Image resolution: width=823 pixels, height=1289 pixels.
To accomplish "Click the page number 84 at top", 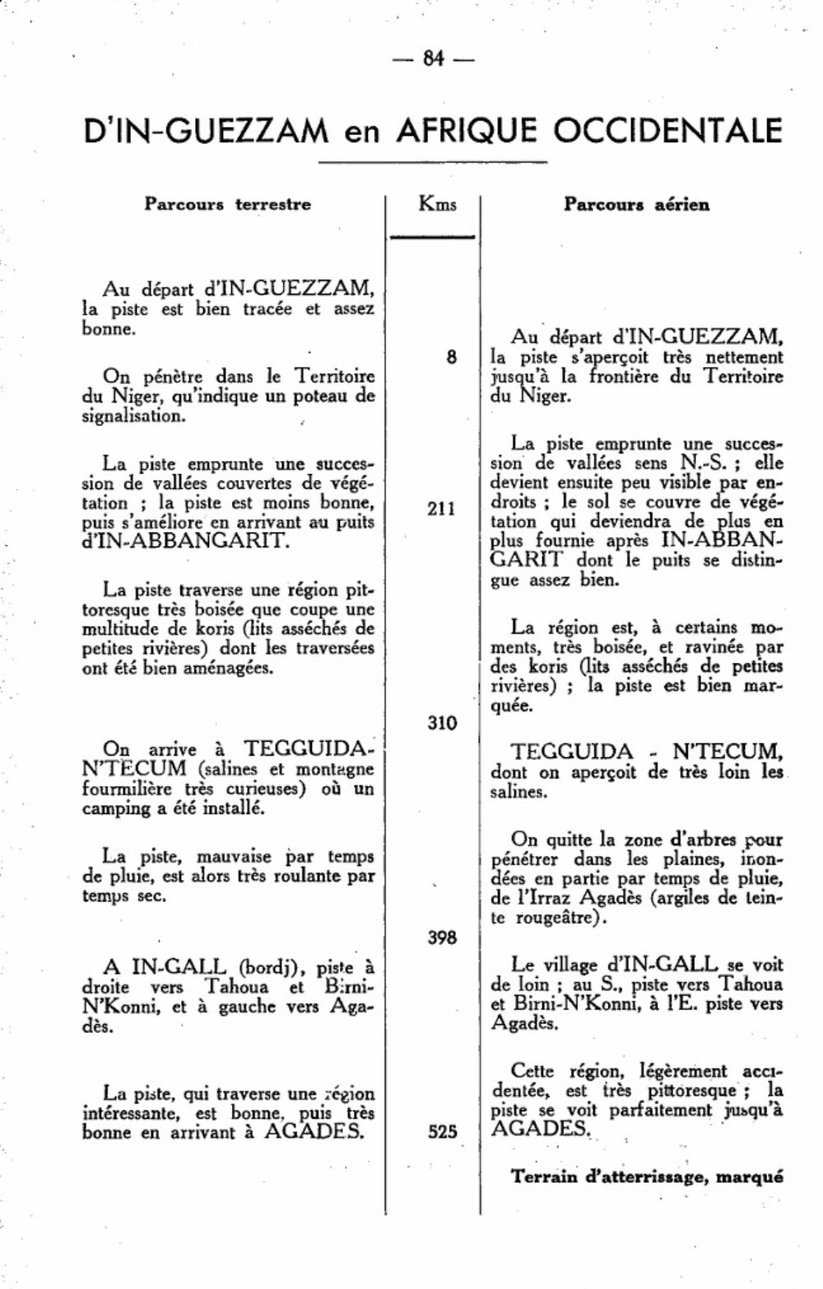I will pyautogui.click(x=433, y=58).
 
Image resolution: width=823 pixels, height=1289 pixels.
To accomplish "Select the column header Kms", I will pyautogui.click(x=437, y=203).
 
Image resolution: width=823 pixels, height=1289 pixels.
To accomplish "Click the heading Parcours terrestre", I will pyautogui.click(x=228, y=204).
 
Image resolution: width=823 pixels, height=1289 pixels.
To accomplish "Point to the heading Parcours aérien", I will pyautogui.click(x=636, y=204).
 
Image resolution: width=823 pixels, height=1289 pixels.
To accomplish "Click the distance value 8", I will pyautogui.click(x=451, y=357).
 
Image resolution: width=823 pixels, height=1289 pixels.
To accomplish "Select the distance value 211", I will pyautogui.click(x=441, y=509).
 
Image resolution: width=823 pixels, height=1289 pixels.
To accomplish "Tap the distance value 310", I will pyautogui.click(x=442, y=723).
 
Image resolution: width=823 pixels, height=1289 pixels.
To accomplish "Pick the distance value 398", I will pyautogui.click(x=442, y=937).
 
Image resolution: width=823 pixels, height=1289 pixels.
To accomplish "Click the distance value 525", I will pyautogui.click(x=442, y=1132).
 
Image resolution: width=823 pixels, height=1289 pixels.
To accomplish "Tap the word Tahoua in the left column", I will pyautogui.click(x=237, y=986).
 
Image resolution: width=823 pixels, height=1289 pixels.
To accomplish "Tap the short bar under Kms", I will pyautogui.click(x=433, y=236).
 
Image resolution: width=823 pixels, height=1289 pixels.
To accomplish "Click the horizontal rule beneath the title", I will pyautogui.click(x=433, y=163).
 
